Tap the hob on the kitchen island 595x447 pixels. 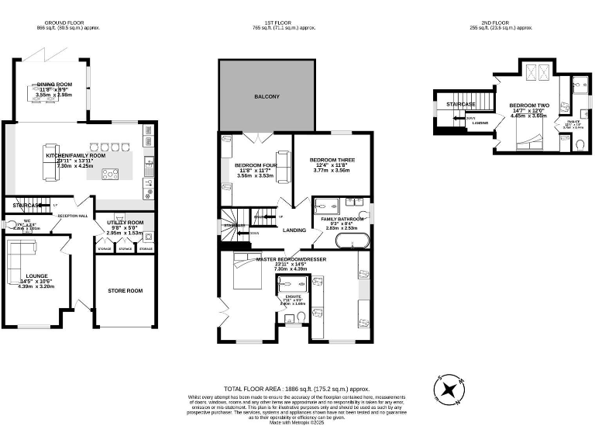coord(109,173)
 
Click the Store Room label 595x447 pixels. coord(125,291)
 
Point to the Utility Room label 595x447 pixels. coord(125,223)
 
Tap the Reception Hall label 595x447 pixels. coord(72,217)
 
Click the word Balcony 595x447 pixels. coord(267,97)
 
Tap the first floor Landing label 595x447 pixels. coord(294,230)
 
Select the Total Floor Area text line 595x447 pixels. coord(297,389)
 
